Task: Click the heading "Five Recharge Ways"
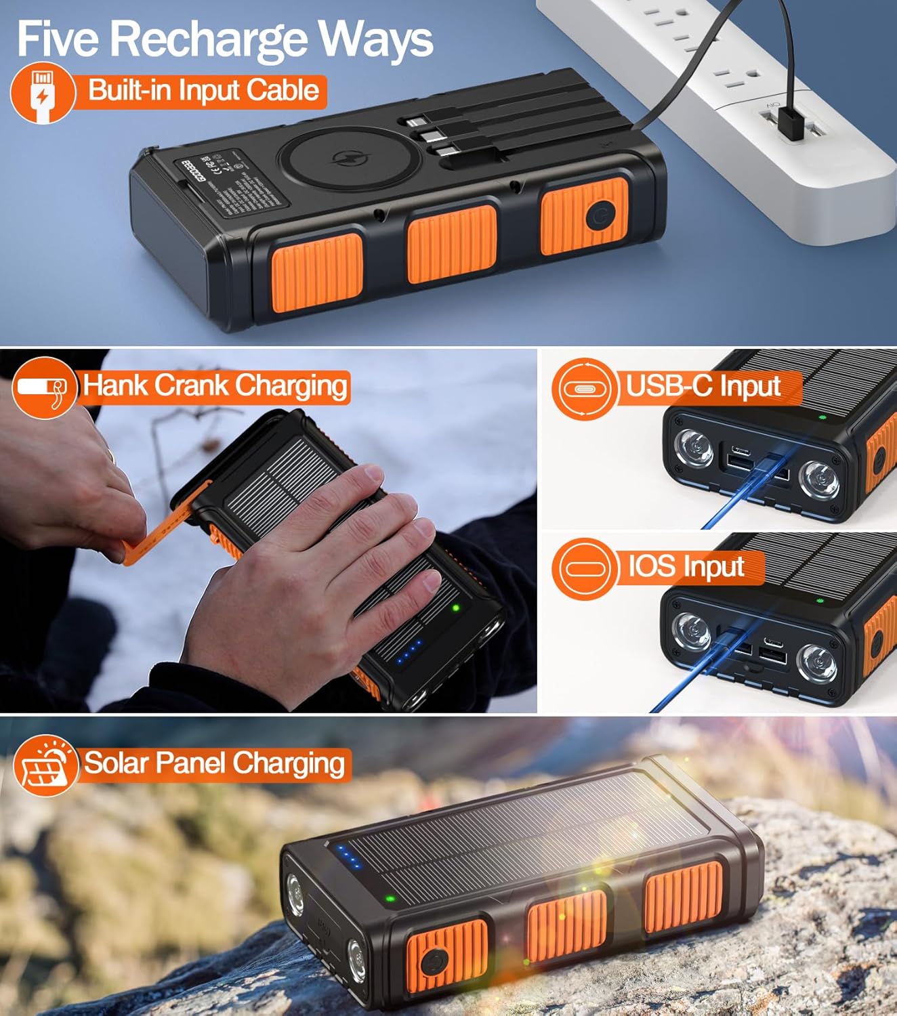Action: pos(225,39)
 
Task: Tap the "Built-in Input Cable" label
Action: pos(204,91)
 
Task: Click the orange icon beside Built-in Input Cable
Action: pos(42,93)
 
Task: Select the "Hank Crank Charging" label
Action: pos(215,386)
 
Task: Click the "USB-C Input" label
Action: pos(703,387)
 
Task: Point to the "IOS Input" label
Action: pos(686,566)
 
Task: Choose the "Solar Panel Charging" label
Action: pos(214,763)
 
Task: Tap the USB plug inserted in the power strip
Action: pos(789,122)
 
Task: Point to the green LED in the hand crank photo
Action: pos(456,608)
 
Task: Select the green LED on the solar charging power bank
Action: pos(390,899)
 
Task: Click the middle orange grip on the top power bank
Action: pos(451,242)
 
